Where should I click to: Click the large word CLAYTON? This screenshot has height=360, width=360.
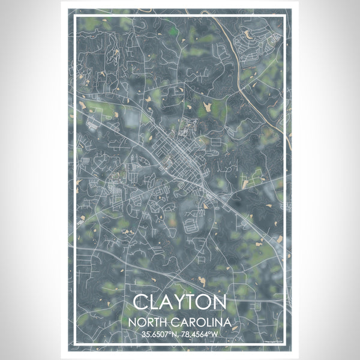[x=179, y=301]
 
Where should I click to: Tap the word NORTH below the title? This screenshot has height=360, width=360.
[x=152, y=323]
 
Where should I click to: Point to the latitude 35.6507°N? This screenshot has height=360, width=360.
[x=160, y=336]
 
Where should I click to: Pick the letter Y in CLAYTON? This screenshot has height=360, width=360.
[x=179, y=301]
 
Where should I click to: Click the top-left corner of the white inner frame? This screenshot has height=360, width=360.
[x=74, y=16]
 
